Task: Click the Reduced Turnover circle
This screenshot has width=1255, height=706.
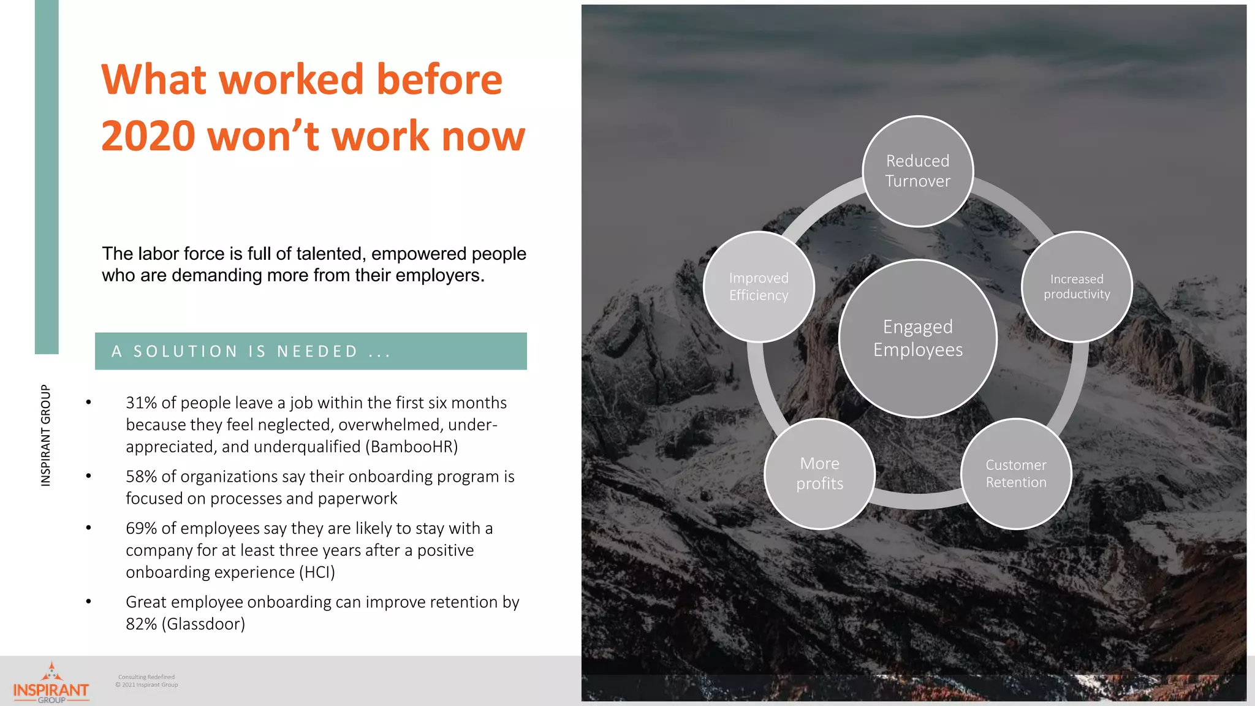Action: point(917,171)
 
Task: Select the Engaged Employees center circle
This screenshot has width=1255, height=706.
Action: point(917,338)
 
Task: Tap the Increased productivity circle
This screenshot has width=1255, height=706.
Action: point(1077,286)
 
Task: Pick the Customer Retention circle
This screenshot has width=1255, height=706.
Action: point(1015,474)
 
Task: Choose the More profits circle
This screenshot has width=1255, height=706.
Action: point(819,474)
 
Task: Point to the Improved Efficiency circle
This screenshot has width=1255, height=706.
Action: point(759,286)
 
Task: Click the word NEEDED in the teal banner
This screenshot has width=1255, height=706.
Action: point(317,352)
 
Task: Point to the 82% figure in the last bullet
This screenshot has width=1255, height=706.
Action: point(141,624)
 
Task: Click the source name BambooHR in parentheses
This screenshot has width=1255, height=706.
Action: point(411,447)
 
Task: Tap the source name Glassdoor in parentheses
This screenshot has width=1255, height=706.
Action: point(203,624)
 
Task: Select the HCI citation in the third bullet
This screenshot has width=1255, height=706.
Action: point(317,572)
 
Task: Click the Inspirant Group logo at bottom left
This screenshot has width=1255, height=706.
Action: point(51,683)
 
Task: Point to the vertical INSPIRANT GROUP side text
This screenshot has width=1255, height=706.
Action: point(46,435)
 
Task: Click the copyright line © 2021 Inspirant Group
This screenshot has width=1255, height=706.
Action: point(147,685)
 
